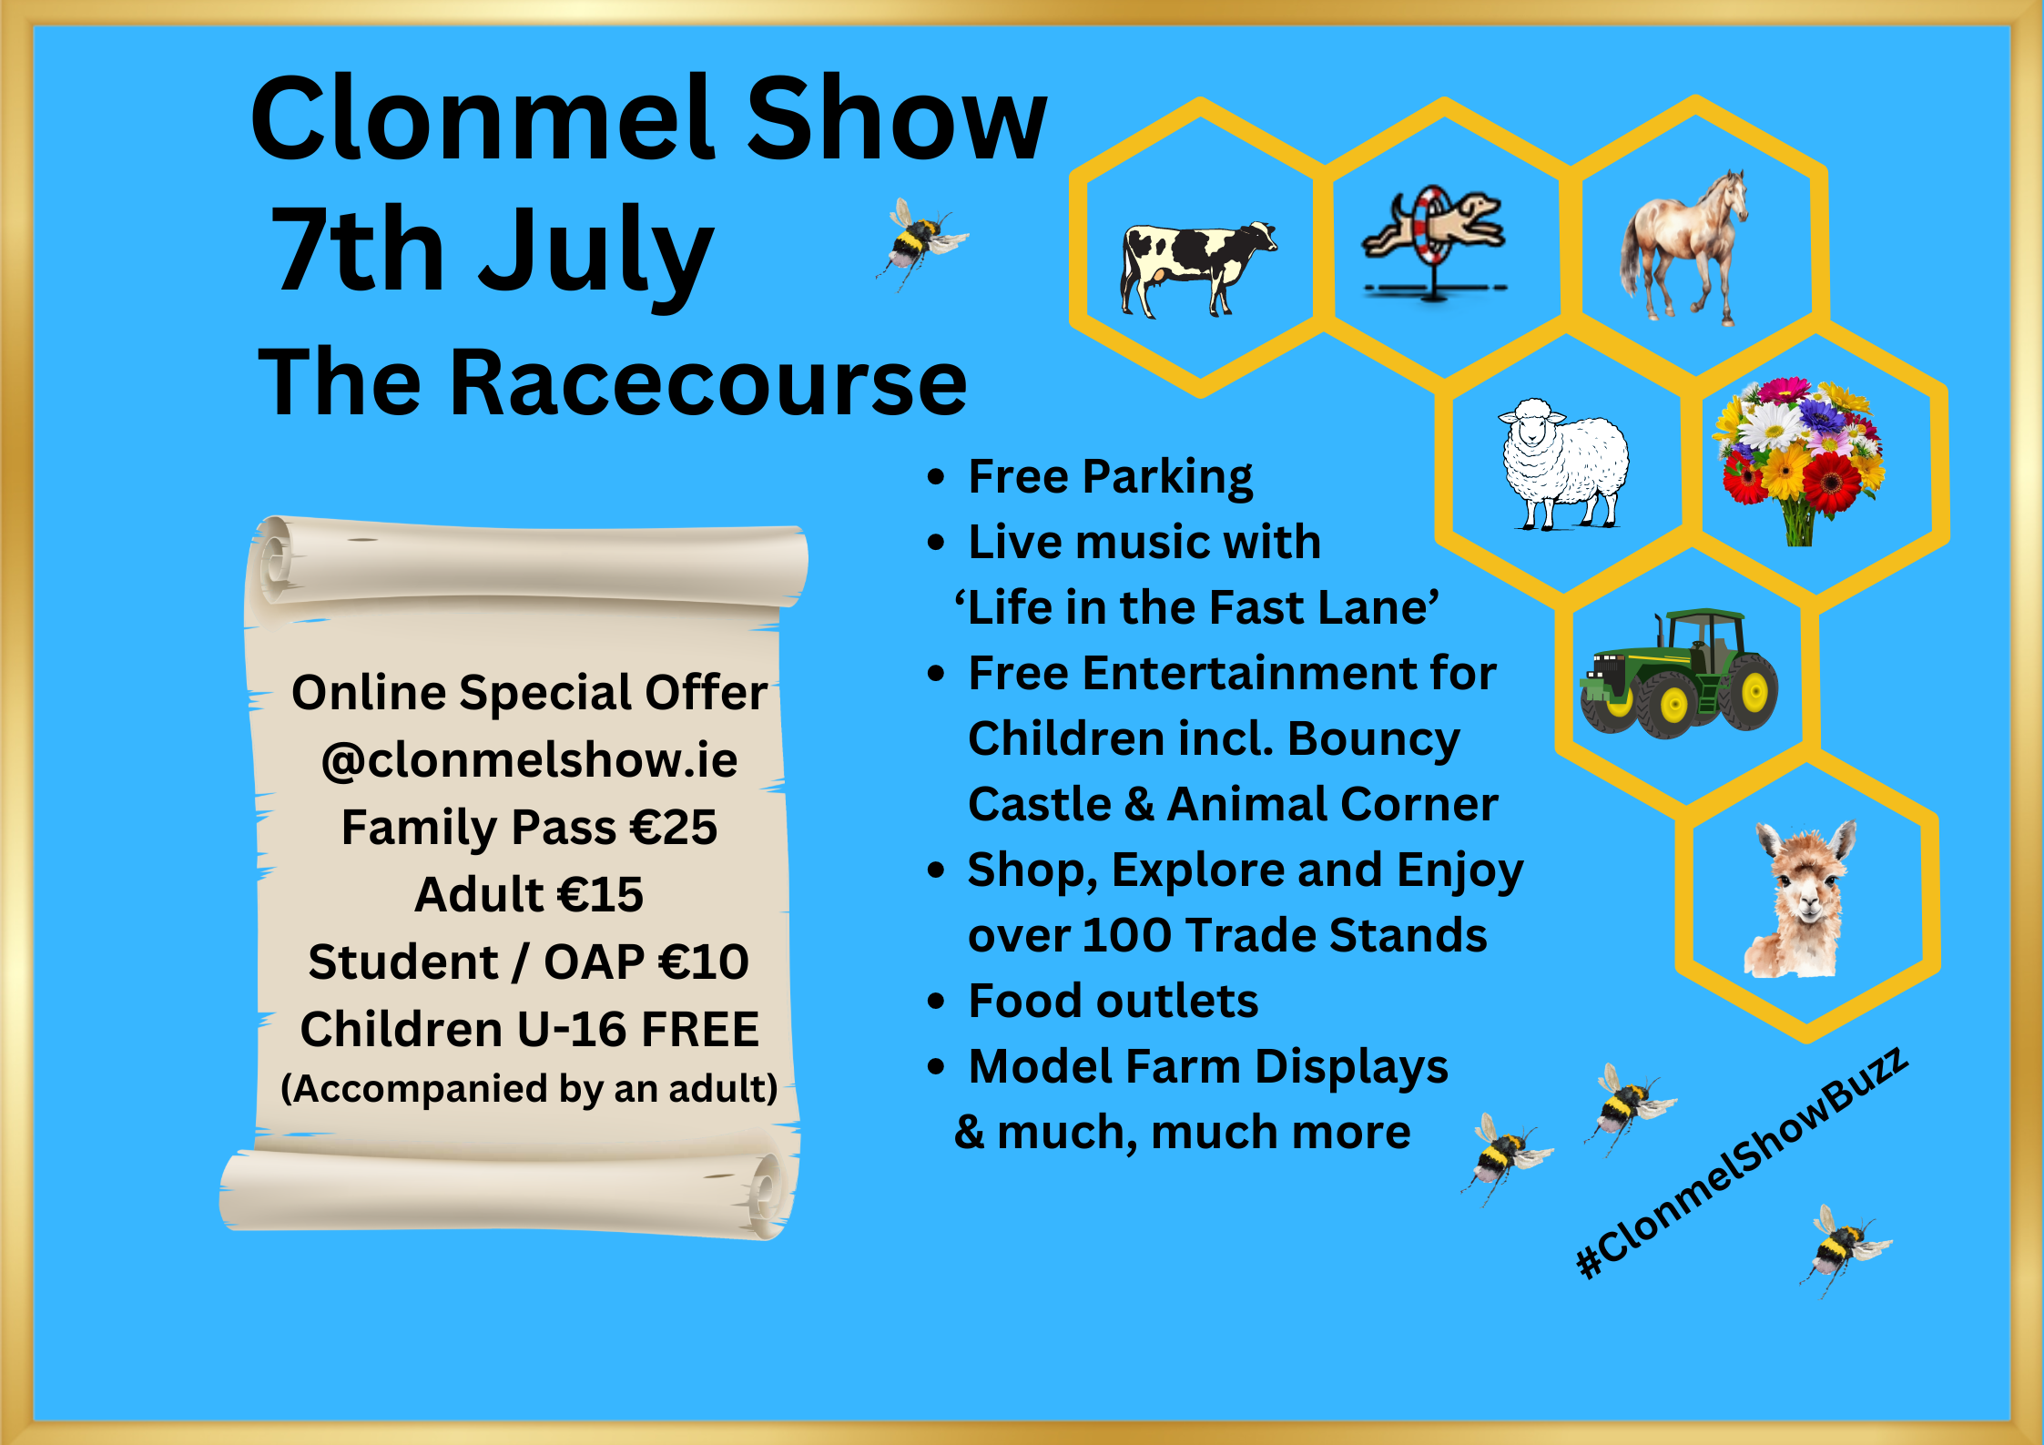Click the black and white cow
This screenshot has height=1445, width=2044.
[1197, 269]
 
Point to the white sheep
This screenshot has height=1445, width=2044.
[1563, 463]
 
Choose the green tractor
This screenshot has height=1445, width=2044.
[1679, 673]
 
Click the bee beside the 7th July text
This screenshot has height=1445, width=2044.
[920, 244]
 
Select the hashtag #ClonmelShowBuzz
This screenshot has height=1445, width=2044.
[1741, 1163]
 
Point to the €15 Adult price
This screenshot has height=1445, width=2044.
[601, 894]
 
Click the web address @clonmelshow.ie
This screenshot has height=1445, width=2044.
[529, 759]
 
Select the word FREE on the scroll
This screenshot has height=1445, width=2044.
[701, 1029]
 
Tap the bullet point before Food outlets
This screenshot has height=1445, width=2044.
[936, 1002]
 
